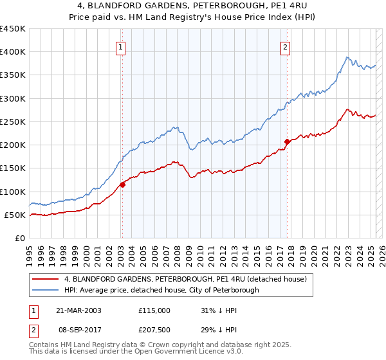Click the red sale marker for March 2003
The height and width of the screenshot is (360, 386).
click(122, 184)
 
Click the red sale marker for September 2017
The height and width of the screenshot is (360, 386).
click(287, 141)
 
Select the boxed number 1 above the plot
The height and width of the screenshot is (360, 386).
click(122, 46)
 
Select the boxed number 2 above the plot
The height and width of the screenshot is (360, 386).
click(284, 46)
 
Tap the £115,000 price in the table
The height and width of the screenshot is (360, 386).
click(154, 310)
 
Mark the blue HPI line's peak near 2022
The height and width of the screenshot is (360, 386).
click(347, 57)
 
